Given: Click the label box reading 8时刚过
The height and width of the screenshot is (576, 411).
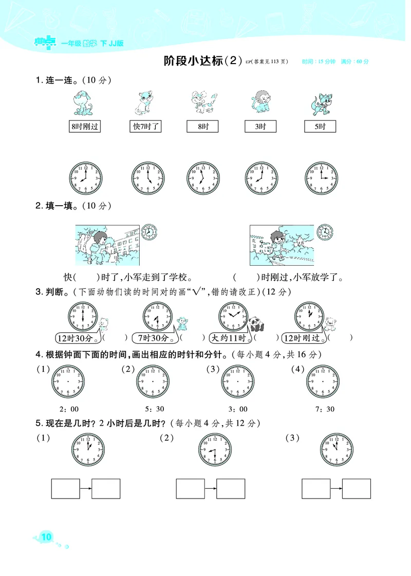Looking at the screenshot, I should tap(85, 127).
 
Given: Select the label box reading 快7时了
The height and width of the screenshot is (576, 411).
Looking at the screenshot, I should tap(146, 127).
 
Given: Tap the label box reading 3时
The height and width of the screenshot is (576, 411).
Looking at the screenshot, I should tap(260, 127).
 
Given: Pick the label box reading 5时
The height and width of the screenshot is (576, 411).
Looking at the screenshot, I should tap(321, 127).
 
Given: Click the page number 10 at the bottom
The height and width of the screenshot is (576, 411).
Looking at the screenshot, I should tap(46, 538).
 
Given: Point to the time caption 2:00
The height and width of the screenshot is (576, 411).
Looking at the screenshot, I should tap(69, 409).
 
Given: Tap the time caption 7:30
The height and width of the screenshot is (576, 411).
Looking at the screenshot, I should tap(324, 409).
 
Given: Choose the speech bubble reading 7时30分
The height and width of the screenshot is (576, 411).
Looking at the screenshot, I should tap(153, 339).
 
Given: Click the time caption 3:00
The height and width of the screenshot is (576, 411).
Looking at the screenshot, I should tap(238, 409).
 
